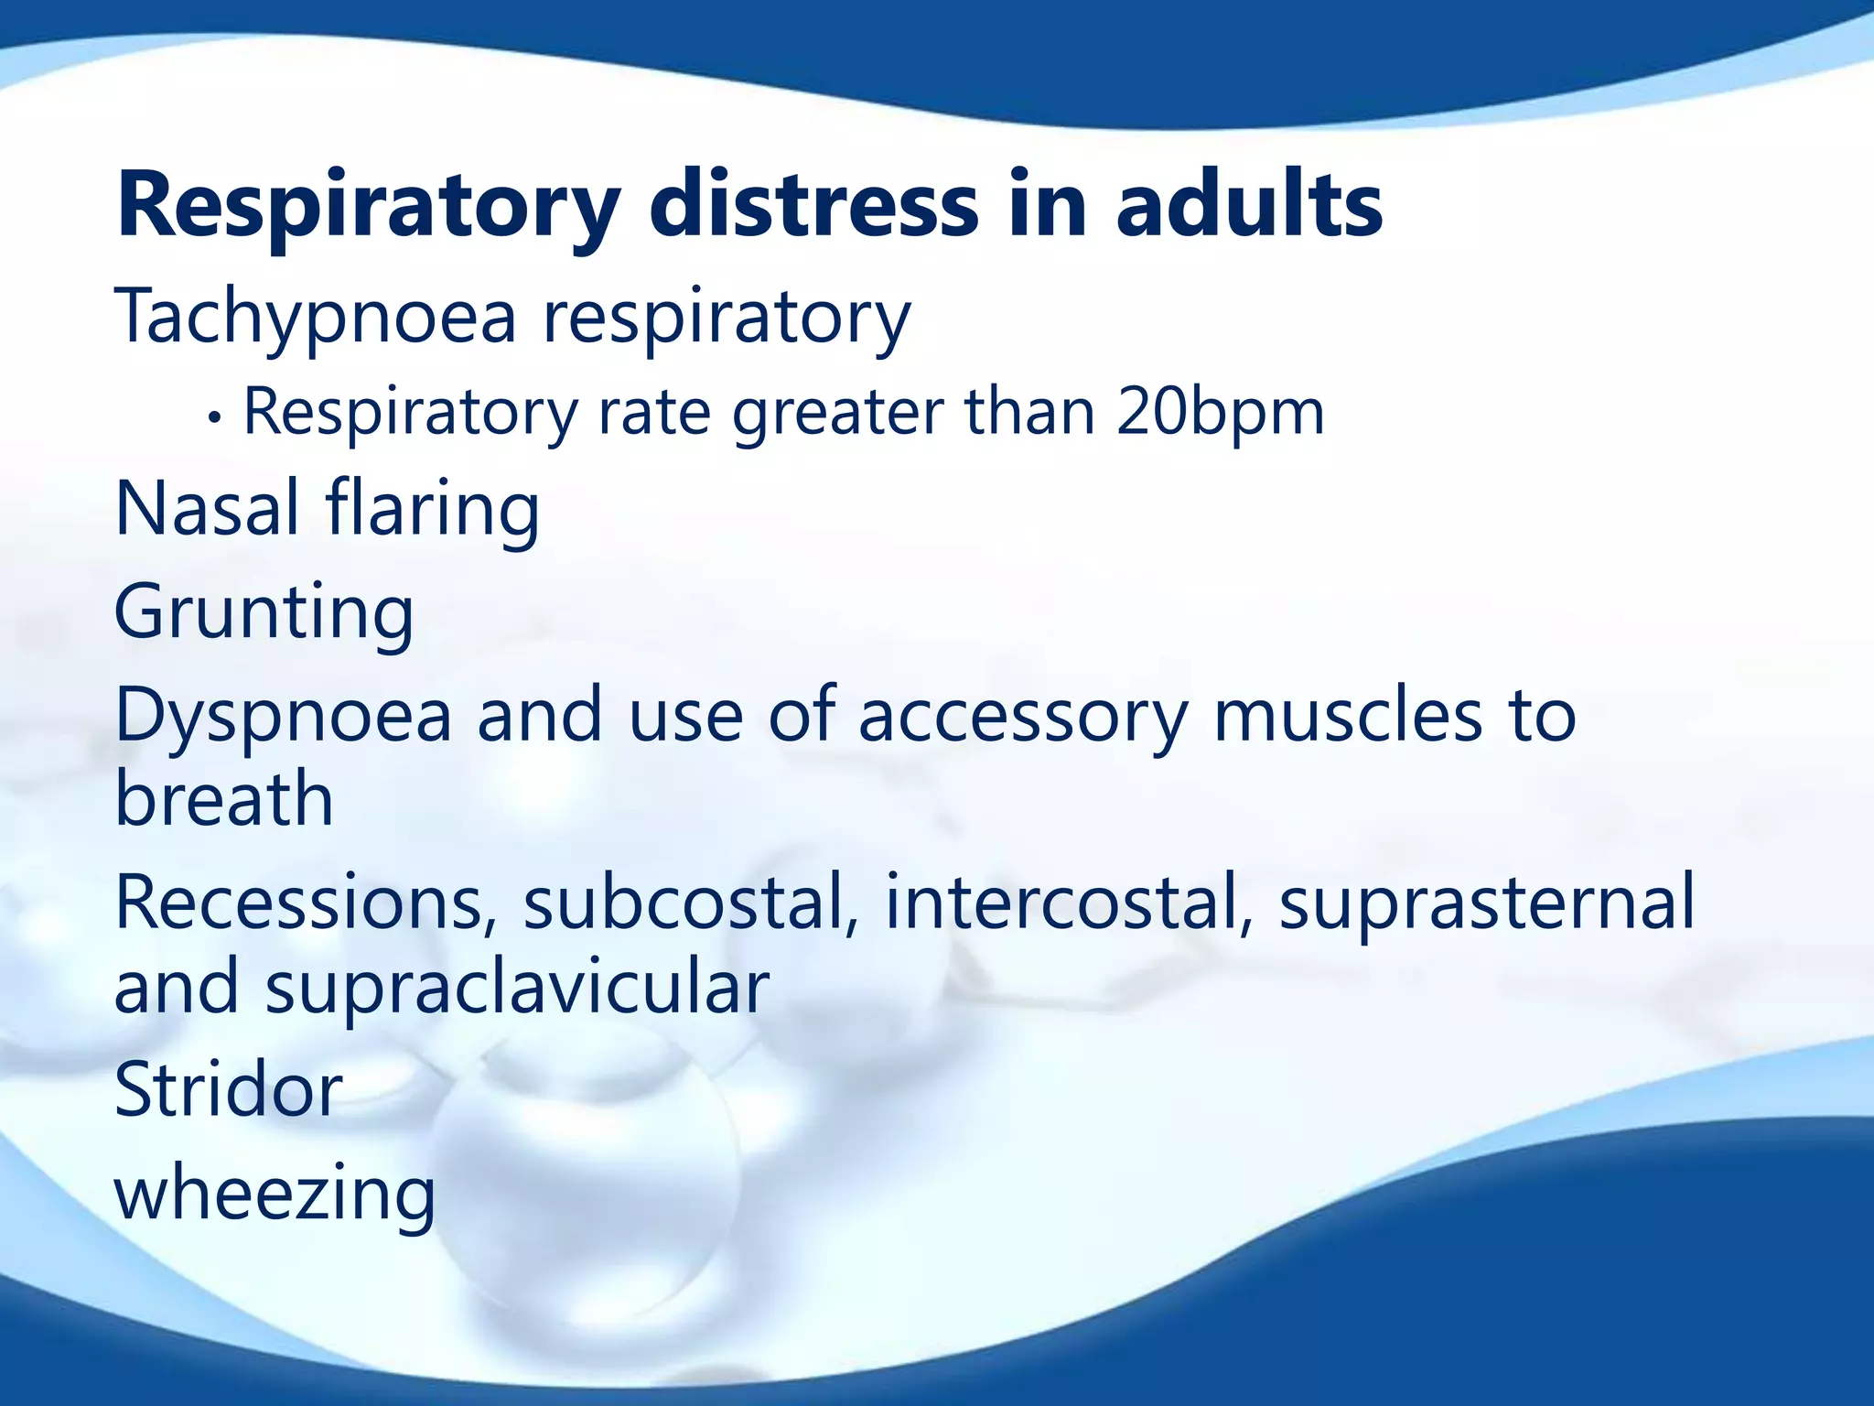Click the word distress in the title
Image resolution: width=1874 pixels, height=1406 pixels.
[813, 206]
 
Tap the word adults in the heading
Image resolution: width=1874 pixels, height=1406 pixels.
[1248, 206]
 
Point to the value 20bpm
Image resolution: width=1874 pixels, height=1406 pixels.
[1220, 413]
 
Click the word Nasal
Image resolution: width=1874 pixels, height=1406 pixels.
[207, 509]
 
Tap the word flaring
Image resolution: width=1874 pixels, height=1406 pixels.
[433, 511]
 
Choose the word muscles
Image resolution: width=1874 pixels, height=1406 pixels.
[1347, 715]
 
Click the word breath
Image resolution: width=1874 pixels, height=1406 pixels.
[224, 798]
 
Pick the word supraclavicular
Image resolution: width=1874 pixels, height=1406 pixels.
[517, 989]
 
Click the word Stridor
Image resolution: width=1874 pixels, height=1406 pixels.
[228, 1090]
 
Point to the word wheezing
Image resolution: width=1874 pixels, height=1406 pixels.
[275, 1195]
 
